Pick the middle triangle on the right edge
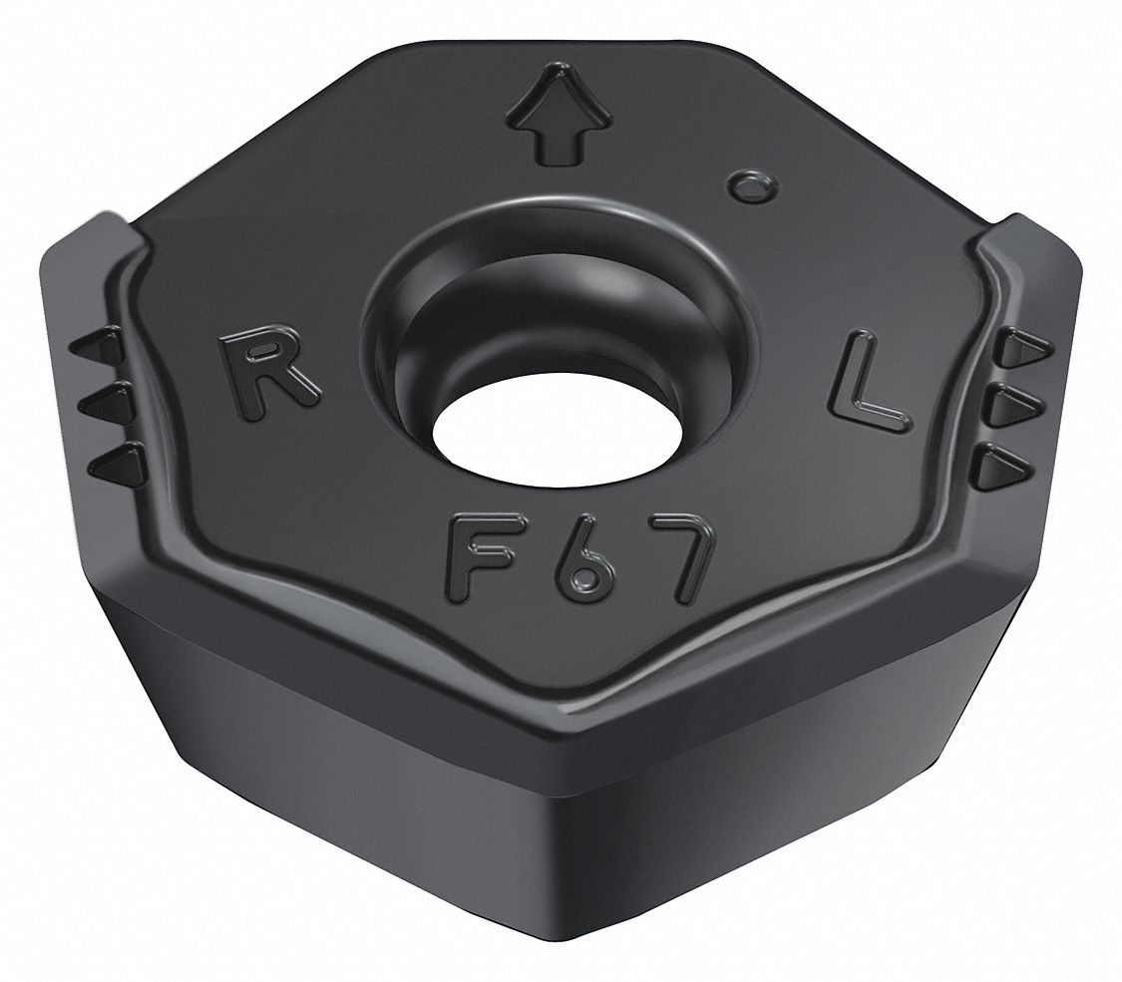click(1017, 404)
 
